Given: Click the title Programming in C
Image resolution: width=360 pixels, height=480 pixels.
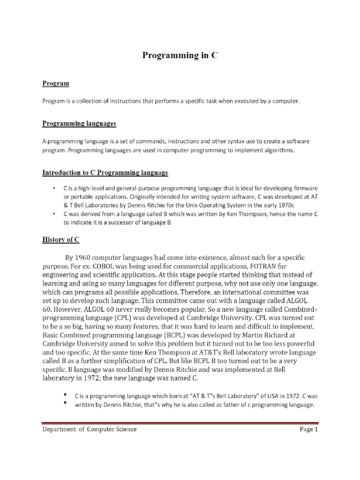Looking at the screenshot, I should (x=180, y=56).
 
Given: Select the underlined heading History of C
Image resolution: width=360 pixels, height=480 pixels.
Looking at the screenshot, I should (x=61, y=240).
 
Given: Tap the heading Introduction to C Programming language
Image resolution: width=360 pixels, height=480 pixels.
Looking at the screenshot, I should (x=105, y=173).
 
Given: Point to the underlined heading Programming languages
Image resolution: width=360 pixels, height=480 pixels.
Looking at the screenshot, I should (x=79, y=124).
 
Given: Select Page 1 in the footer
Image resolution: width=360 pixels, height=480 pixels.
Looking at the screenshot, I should (x=309, y=429).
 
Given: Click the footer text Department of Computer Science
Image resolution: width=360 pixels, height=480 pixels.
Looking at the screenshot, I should (x=90, y=429).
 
